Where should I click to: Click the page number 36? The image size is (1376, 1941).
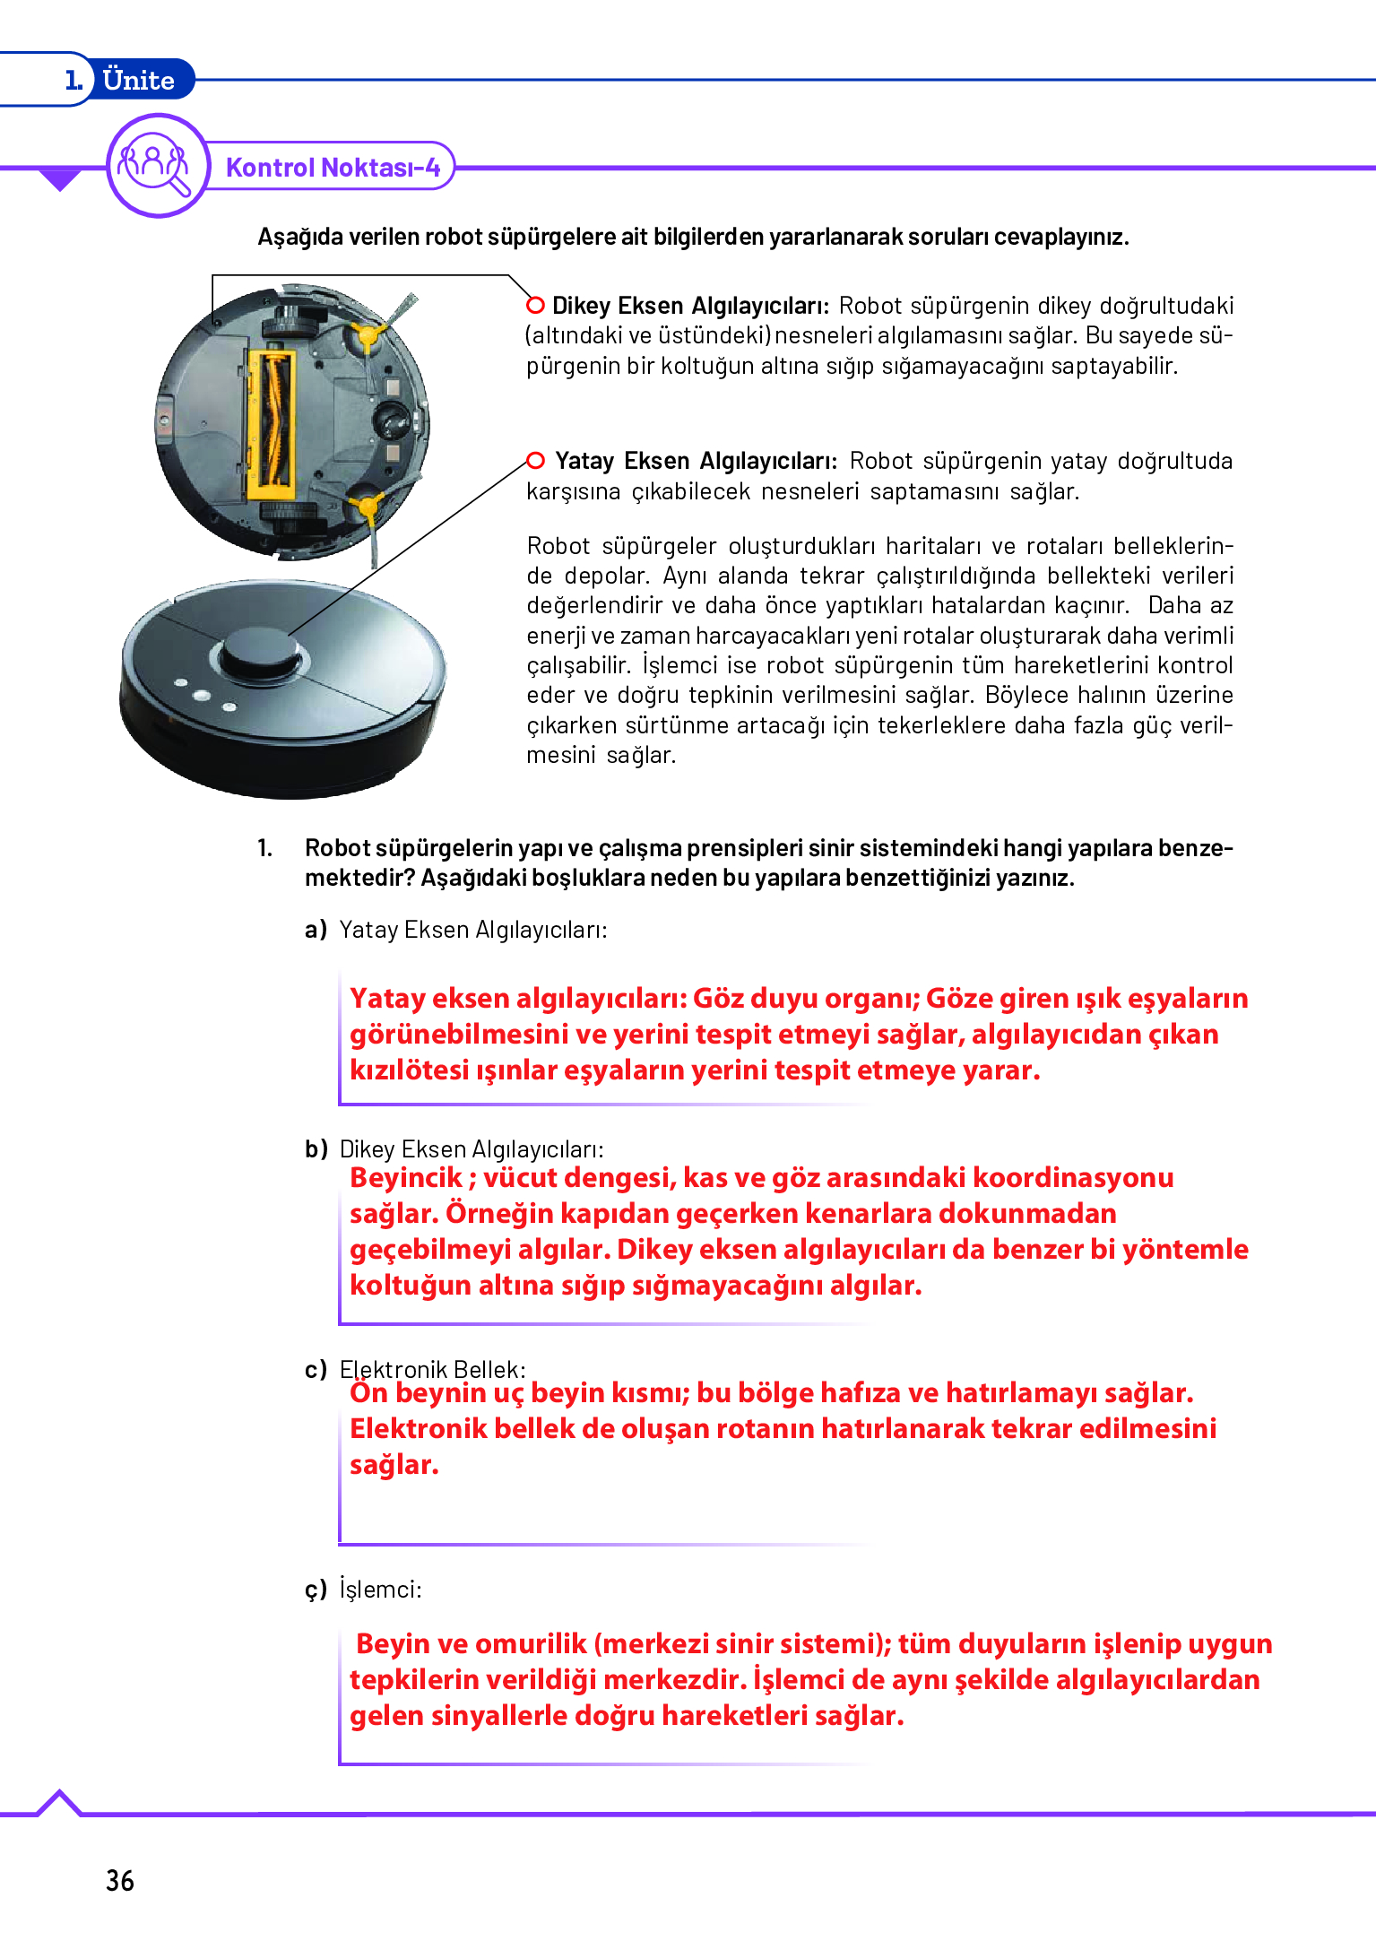coord(120,1880)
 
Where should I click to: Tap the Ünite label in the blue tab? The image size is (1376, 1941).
coord(138,80)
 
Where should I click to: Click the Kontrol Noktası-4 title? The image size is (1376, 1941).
coord(333,168)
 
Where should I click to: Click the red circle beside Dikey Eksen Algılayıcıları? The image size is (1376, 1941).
coord(535,305)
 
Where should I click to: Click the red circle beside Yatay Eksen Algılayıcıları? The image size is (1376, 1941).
coord(535,461)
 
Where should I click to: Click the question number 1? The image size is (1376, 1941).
coord(264,848)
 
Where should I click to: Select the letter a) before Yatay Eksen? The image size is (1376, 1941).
coord(316,930)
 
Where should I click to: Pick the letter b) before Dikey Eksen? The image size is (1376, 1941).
coord(316,1149)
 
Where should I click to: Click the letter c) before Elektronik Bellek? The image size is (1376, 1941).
coord(316,1370)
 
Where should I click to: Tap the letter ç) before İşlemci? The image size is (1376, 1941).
coord(316,1590)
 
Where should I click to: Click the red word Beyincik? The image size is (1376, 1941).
coord(406,1177)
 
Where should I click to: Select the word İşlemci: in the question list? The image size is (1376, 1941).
coord(380,1590)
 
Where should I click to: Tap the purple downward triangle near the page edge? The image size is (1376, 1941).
coord(60,180)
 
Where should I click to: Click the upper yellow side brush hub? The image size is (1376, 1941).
coord(366,337)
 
